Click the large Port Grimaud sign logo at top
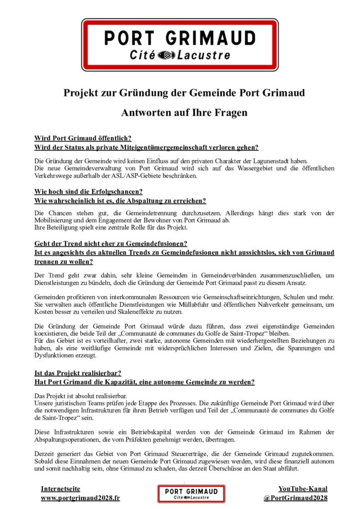180,45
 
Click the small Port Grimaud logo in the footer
191,494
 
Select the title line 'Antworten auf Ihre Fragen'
184,113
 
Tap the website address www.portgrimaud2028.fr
80,498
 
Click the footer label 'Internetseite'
60,489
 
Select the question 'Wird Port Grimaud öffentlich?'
83,138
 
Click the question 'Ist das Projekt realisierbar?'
78,372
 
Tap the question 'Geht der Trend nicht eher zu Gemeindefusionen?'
110,243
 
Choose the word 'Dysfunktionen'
57,355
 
